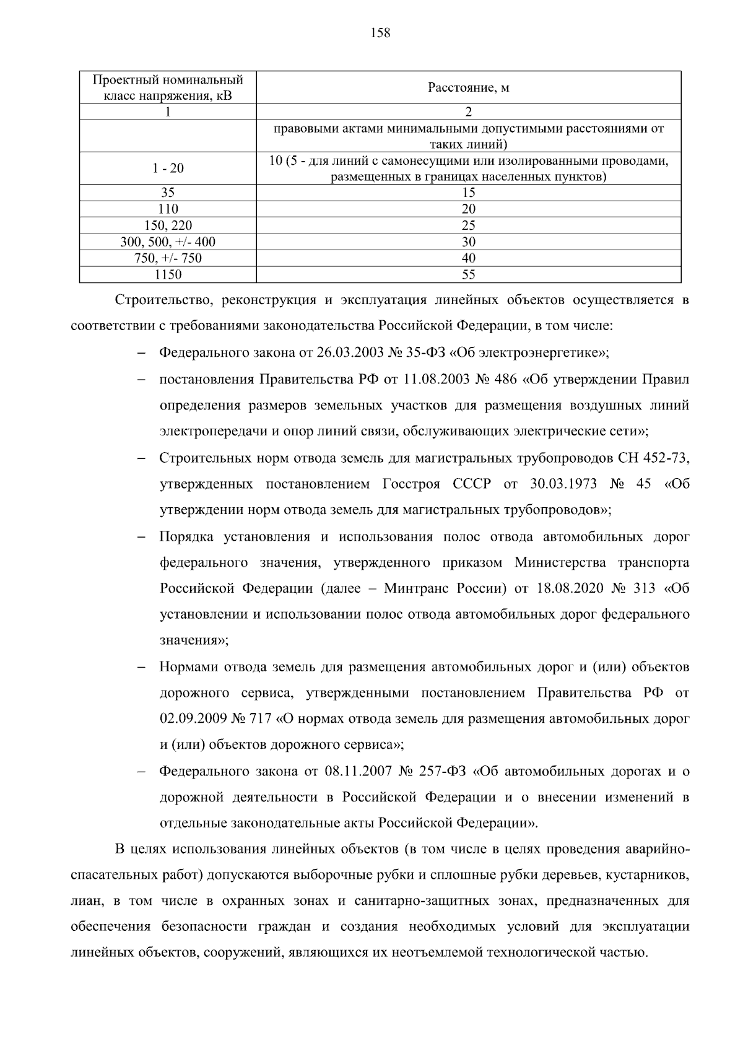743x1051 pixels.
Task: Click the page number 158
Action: [x=380, y=33]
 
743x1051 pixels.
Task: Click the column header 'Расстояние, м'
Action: [x=469, y=88]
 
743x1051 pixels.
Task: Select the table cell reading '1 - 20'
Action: [x=168, y=168]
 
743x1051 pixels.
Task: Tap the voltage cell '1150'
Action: [x=168, y=274]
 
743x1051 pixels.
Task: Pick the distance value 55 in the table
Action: [x=469, y=274]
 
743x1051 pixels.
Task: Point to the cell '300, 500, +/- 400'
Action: [x=168, y=242]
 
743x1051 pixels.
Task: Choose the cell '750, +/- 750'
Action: [x=168, y=258]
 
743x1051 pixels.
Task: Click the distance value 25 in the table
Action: [x=469, y=225]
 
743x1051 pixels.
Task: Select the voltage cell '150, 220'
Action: [x=168, y=225]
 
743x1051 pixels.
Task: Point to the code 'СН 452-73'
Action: [x=653, y=458]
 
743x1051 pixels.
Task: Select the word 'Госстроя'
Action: [x=411, y=484]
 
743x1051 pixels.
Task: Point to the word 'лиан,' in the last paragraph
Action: [x=85, y=901]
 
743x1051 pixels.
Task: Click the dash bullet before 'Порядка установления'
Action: [x=141, y=538]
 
